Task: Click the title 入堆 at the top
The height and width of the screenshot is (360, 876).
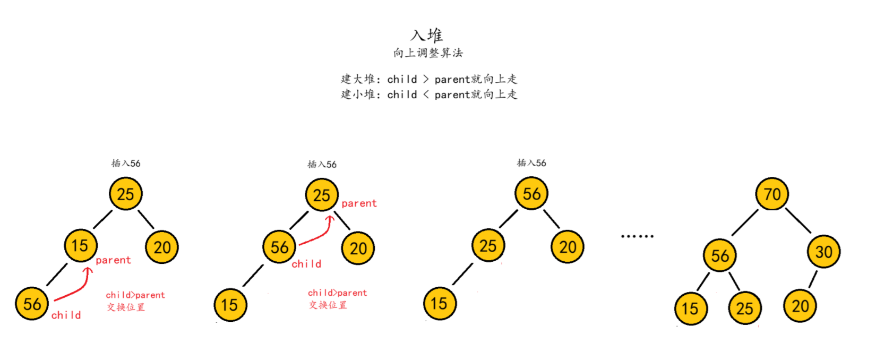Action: pos(427,35)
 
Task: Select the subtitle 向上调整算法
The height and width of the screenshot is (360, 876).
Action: pos(428,53)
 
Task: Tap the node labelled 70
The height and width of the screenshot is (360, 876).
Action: pos(772,194)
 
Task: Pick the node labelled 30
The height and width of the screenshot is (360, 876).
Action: pos(823,252)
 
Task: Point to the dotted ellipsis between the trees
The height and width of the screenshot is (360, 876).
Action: pos(637,236)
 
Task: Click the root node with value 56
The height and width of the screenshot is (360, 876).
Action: pos(531,194)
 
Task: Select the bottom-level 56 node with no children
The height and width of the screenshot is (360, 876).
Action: pos(32,304)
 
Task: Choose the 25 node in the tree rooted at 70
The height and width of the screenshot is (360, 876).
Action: pos(744,308)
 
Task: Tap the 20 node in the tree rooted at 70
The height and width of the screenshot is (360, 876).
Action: pos(800,306)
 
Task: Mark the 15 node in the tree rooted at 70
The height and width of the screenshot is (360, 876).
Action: pos(690,308)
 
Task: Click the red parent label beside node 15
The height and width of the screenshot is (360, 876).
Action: pos(113,260)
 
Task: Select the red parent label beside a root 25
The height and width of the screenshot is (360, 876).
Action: pos(359,203)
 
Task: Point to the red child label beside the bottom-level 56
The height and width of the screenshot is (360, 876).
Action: pos(66,315)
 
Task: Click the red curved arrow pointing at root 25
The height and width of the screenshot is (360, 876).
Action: pos(319,234)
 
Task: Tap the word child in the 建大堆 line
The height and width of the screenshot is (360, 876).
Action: pos(402,79)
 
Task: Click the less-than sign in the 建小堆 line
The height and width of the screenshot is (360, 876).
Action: pos(426,95)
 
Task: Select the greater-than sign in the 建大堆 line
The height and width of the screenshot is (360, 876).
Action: pos(426,79)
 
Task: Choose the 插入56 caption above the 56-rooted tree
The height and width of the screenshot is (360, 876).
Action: pos(531,163)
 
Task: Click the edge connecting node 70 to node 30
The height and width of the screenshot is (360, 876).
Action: pos(798,220)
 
